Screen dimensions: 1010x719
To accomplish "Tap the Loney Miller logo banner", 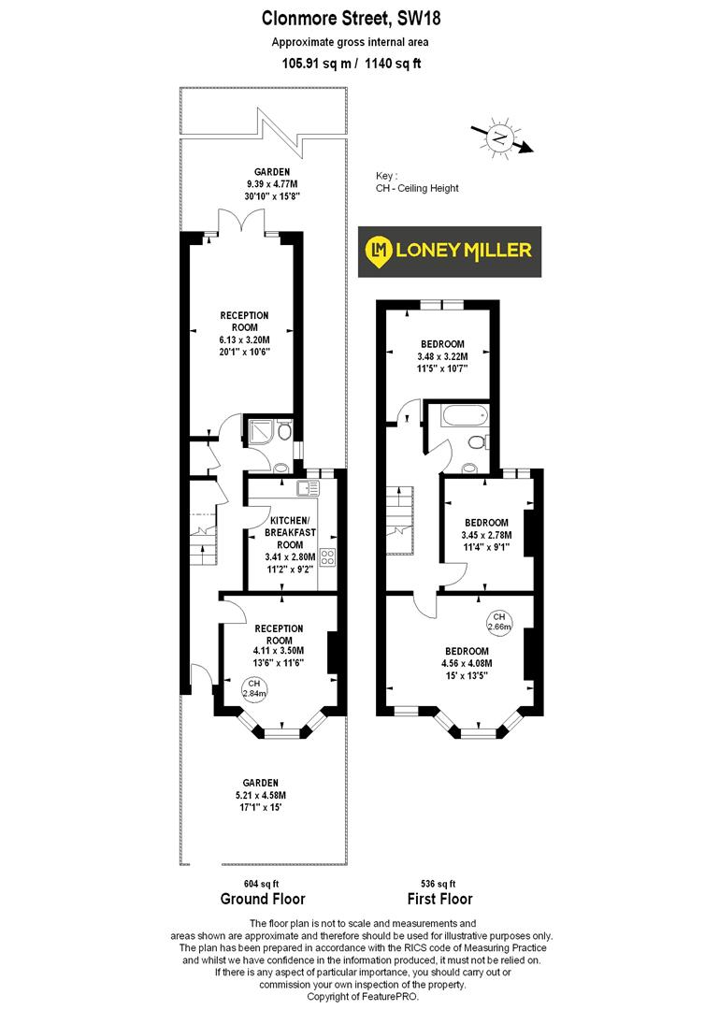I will tap(451, 251).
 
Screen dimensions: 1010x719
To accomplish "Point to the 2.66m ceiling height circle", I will tap(500, 622).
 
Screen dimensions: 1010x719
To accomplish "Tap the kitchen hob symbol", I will tap(327, 558).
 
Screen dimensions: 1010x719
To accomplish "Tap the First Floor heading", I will tap(438, 900).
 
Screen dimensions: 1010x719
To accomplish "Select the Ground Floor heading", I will tap(262, 900).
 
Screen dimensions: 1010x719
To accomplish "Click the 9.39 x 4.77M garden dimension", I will tap(267, 184).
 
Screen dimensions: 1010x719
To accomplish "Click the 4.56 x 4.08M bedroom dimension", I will tap(466, 663).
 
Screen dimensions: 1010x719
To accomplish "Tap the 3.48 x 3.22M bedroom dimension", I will tap(442, 356).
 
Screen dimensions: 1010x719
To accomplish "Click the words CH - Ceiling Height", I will tap(417, 188).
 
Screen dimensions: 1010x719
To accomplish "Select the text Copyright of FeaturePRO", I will tap(361, 997).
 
